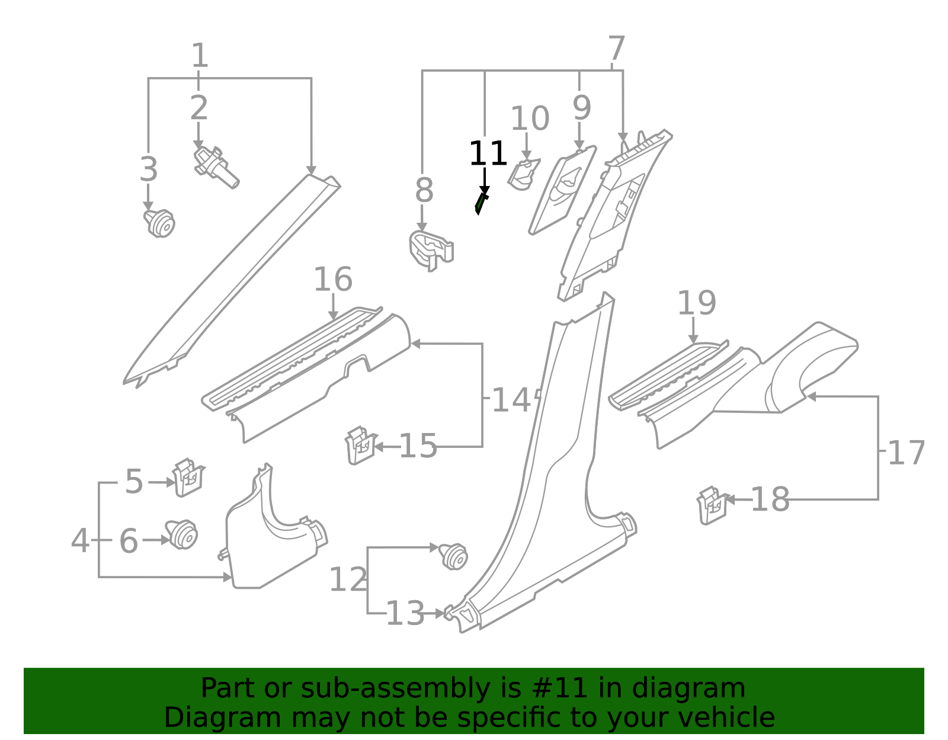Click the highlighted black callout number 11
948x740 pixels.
(488, 154)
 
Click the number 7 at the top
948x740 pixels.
(617, 49)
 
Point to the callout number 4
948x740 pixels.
(80, 541)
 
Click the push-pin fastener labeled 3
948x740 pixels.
(159, 223)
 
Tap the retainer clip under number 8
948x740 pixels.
(430, 249)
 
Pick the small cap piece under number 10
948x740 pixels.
(523, 174)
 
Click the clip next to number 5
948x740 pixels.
(188, 478)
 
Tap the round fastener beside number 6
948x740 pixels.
(182, 534)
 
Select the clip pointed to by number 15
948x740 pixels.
(360, 446)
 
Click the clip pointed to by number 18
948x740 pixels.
(712, 505)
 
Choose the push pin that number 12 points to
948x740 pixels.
(454, 556)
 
